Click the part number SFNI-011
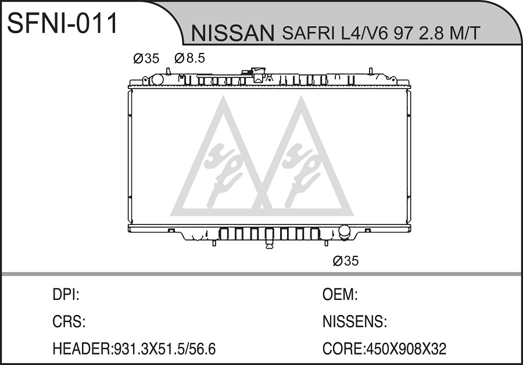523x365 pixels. pos(63,23)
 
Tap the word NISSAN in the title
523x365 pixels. pos(232,33)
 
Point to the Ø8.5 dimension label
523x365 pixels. pos(189,58)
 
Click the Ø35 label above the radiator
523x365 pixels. pos(146,59)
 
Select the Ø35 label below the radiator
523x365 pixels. pos(346,261)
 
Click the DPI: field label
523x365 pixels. pos(66,295)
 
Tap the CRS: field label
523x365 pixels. pos(69,321)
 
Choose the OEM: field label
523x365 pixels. pos(340,295)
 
